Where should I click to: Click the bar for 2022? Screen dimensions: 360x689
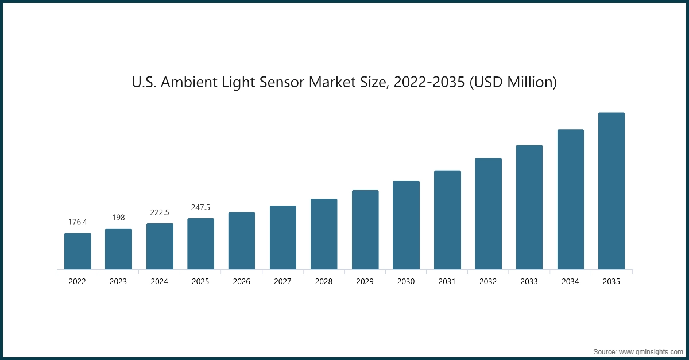(78, 251)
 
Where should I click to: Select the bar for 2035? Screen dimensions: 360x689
(611, 191)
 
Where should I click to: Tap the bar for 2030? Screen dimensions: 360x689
(406, 225)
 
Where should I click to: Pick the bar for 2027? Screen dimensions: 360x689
(283, 237)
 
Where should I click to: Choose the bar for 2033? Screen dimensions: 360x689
(529, 207)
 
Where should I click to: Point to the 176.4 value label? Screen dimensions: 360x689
(78, 222)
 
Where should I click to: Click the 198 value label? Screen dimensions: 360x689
(118, 218)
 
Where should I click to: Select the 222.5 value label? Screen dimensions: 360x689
(160, 212)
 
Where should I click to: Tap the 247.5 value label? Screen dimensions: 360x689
(200, 207)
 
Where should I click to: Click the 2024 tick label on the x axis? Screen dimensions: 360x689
(160, 282)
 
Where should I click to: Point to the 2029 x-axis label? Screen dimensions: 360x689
(365, 282)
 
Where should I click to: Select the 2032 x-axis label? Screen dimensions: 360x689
(488, 282)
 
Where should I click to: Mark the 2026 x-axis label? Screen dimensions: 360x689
(242, 282)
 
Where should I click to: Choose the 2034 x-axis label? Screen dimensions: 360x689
(570, 282)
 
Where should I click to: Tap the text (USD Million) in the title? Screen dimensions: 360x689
(513, 83)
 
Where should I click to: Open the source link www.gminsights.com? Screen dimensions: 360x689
(651, 351)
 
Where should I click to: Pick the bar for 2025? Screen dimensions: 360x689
(200, 243)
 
